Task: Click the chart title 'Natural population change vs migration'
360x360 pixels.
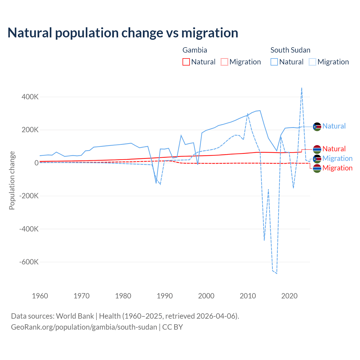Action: tap(123, 33)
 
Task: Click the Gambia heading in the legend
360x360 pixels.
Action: tap(195, 50)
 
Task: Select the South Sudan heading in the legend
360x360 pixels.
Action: tap(290, 50)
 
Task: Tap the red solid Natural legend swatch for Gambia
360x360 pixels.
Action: tap(186, 62)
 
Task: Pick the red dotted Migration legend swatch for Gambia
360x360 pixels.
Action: tap(224, 62)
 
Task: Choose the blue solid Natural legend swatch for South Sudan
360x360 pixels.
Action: tap(274, 62)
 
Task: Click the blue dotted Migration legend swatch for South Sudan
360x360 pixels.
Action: tap(312, 62)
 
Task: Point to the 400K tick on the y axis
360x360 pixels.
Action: tap(30, 97)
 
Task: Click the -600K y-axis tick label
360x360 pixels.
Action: tap(29, 262)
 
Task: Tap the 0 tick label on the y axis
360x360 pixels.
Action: tap(37, 163)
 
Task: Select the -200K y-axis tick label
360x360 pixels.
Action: tap(29, 196)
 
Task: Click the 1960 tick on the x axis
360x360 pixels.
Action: tap(40, 296)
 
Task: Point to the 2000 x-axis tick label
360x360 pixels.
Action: tap(206, 296)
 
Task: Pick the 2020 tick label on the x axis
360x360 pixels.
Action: tap(289, 296)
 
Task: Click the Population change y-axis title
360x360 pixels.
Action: tap(12, 180)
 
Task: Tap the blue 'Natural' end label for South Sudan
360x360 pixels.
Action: tap(334, 126)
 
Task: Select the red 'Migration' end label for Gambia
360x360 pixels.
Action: tap(337, 168)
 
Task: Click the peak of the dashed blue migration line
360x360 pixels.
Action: tap(302, 88)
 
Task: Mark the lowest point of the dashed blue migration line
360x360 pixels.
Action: tap(277, 273)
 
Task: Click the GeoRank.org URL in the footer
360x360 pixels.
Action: tap(84, 327)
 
